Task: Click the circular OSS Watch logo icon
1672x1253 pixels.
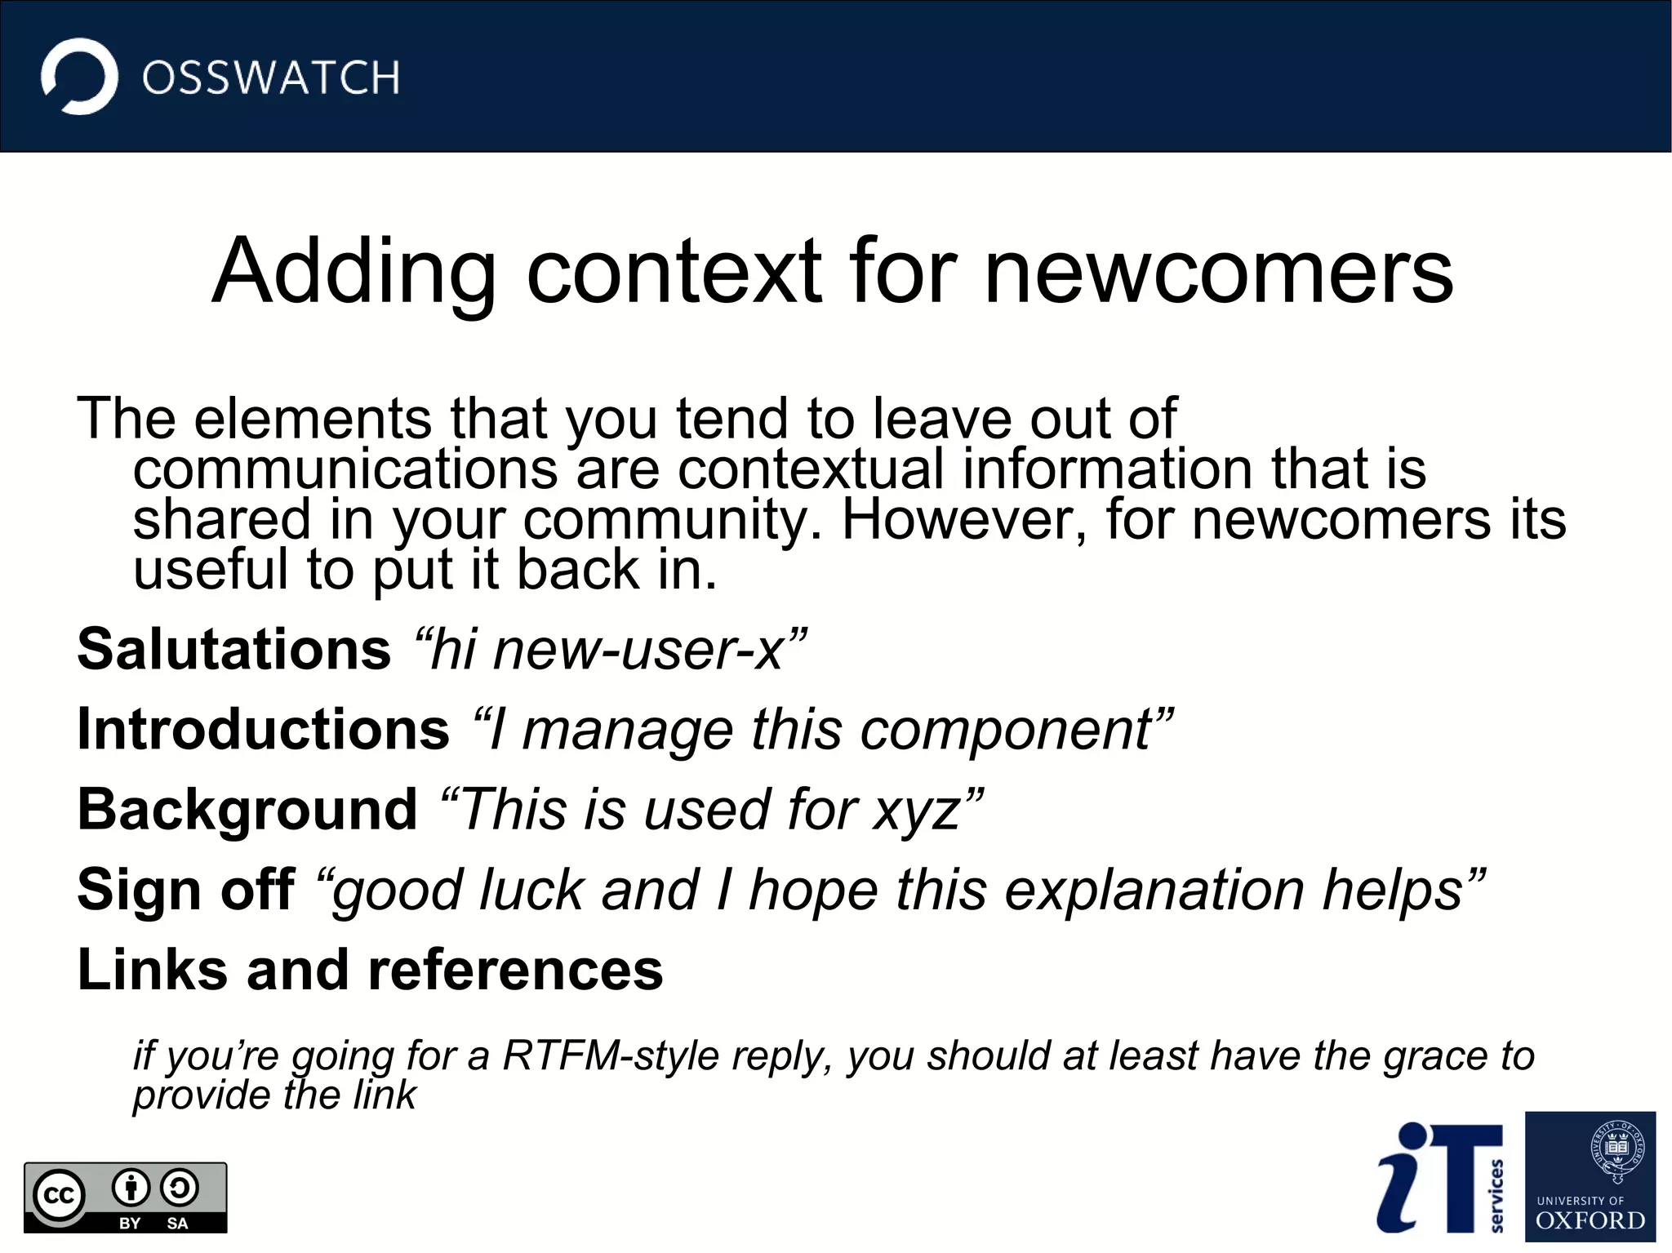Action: (79, 77)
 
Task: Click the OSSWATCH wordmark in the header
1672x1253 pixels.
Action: (270, 78)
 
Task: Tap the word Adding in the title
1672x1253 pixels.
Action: (354, 272)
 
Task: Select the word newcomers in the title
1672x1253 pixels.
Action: (1219, 272)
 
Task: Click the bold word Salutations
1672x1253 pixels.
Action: (234, 650)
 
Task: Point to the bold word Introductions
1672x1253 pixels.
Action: (263, 729)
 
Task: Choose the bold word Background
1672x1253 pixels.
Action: (247, 809)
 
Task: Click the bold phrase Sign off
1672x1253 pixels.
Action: (185, 889)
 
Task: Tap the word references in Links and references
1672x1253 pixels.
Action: (515, 970)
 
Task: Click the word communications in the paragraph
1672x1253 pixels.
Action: (345, 469)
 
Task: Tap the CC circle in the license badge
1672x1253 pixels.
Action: (59, 1196)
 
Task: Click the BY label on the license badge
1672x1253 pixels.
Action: (130, 1223)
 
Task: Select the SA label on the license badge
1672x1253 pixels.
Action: (177, 1223)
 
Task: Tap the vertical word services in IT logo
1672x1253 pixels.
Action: (1496, 1195)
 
